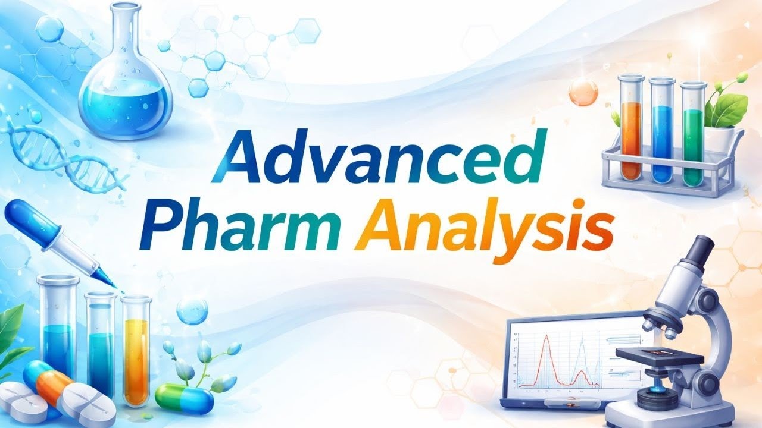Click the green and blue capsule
pos(184,398)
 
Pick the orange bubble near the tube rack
pos(582,92)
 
